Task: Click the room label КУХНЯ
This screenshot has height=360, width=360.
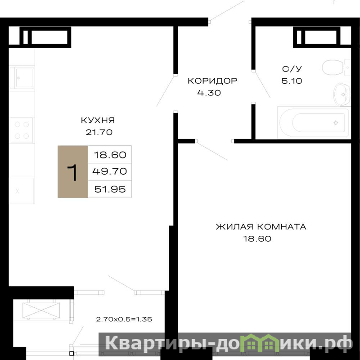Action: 98,120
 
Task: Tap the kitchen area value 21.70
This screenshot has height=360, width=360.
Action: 99,132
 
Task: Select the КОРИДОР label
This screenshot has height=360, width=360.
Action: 212,81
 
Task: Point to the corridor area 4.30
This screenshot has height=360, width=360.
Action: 209,93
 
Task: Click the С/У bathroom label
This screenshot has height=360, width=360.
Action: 292,69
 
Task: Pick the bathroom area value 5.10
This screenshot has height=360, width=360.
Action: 292,81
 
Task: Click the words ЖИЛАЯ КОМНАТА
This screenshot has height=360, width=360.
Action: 261,227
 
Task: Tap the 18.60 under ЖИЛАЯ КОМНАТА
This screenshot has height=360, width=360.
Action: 257,239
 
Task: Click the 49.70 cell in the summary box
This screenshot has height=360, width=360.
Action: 110,171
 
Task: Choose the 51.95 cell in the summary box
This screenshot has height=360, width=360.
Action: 110,189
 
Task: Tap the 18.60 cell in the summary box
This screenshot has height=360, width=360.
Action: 110,155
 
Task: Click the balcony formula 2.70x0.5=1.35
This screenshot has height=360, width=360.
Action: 124,319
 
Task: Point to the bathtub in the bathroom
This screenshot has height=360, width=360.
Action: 313,122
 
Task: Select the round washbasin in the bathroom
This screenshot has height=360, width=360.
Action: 342,94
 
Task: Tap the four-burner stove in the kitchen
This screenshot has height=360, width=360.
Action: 22,130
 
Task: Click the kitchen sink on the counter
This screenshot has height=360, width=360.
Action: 22,78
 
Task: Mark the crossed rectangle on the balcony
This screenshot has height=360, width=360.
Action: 41,310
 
